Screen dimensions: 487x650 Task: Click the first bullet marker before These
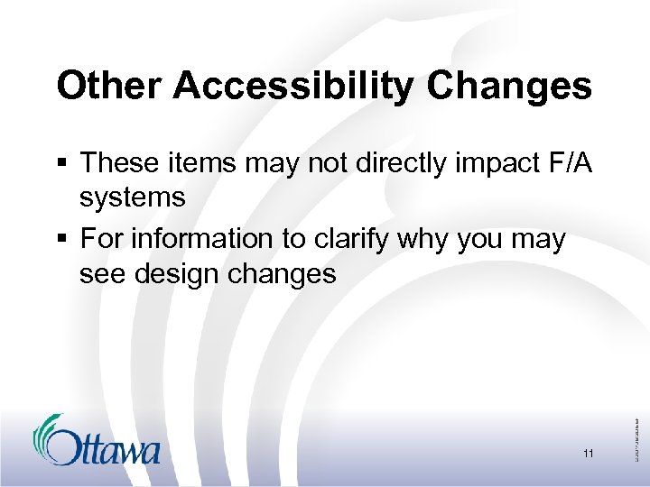[x=61, y=165]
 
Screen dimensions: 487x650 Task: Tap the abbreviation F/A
[x=569, y=163]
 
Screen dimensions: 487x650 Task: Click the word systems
[x=132, y=198]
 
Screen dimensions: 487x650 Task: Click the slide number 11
[x=588, y=454]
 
